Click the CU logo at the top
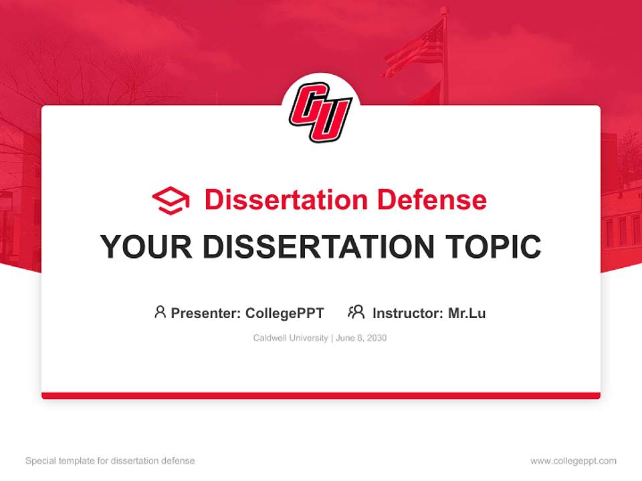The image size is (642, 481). tap(320, 112)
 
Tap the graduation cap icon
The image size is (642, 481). tap(171, 200)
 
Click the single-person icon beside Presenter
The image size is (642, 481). tap(160, 312)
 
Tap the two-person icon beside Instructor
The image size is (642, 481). tap(356, 312)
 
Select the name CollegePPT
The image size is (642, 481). tap(284, 313)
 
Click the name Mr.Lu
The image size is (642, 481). tap(467, 313)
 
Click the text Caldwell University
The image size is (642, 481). tap(290, 338)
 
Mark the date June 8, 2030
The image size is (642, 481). tap(361, 338)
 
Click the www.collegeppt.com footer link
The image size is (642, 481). tap(573, 461)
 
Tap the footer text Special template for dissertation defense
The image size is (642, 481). tap(110, 461)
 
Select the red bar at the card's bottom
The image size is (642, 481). tap(321, 395)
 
